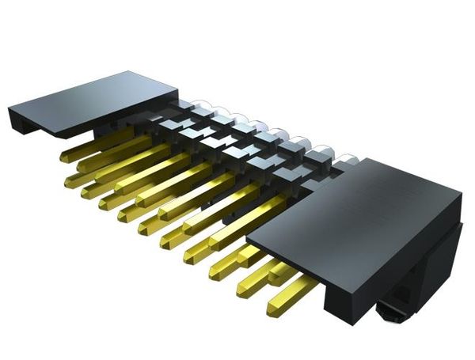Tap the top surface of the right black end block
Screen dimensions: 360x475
click(356, 198)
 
